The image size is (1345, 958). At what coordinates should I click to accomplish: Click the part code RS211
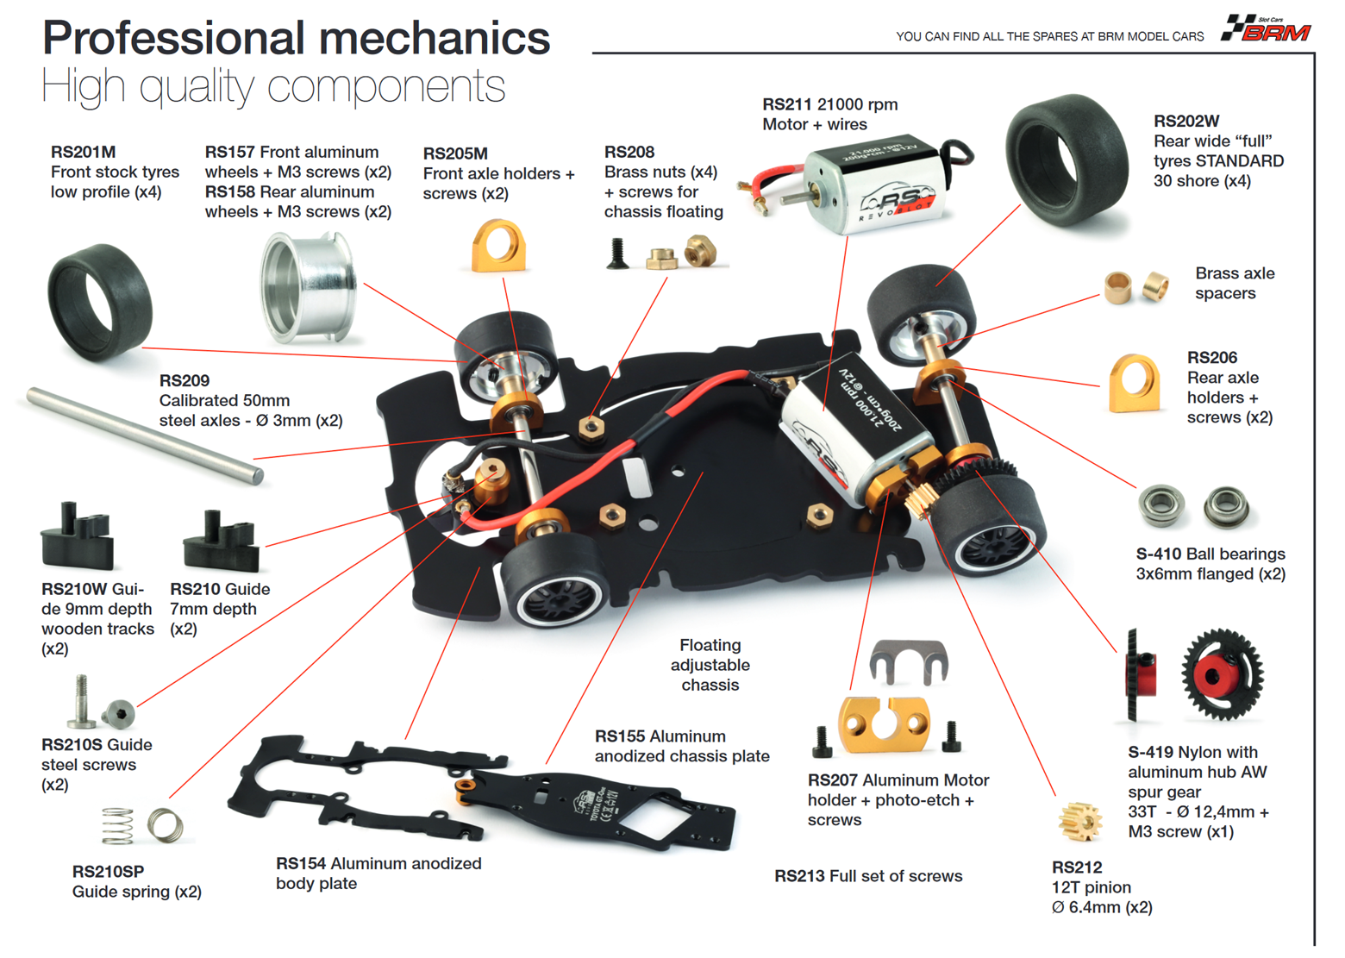(x=786, y=104)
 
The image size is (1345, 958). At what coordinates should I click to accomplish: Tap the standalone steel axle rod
(x=143, y=435)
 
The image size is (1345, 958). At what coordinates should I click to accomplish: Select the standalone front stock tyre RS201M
(x=99, y=299)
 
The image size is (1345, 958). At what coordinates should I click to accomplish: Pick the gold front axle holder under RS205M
(x=498, y=247)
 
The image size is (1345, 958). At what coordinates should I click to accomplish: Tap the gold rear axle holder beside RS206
(x=1135, y=384)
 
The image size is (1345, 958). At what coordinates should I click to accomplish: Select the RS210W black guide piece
(x=77, y=538)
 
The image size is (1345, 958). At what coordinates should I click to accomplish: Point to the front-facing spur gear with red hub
(x=1222, y=674)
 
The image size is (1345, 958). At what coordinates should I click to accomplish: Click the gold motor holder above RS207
(x=885, y=723)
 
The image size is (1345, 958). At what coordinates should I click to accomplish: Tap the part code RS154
(x=300, y=863)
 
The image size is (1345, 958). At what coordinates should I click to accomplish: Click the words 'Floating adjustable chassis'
(x=710, y=665)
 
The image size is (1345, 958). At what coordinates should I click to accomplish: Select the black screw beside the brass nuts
(x=616, y=254)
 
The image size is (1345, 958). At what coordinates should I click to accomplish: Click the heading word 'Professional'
(x=173, y=39)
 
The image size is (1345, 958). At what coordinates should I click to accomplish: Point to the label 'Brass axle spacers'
(x=1234, y=283)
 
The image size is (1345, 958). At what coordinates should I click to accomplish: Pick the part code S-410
(x=1158, y=554)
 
